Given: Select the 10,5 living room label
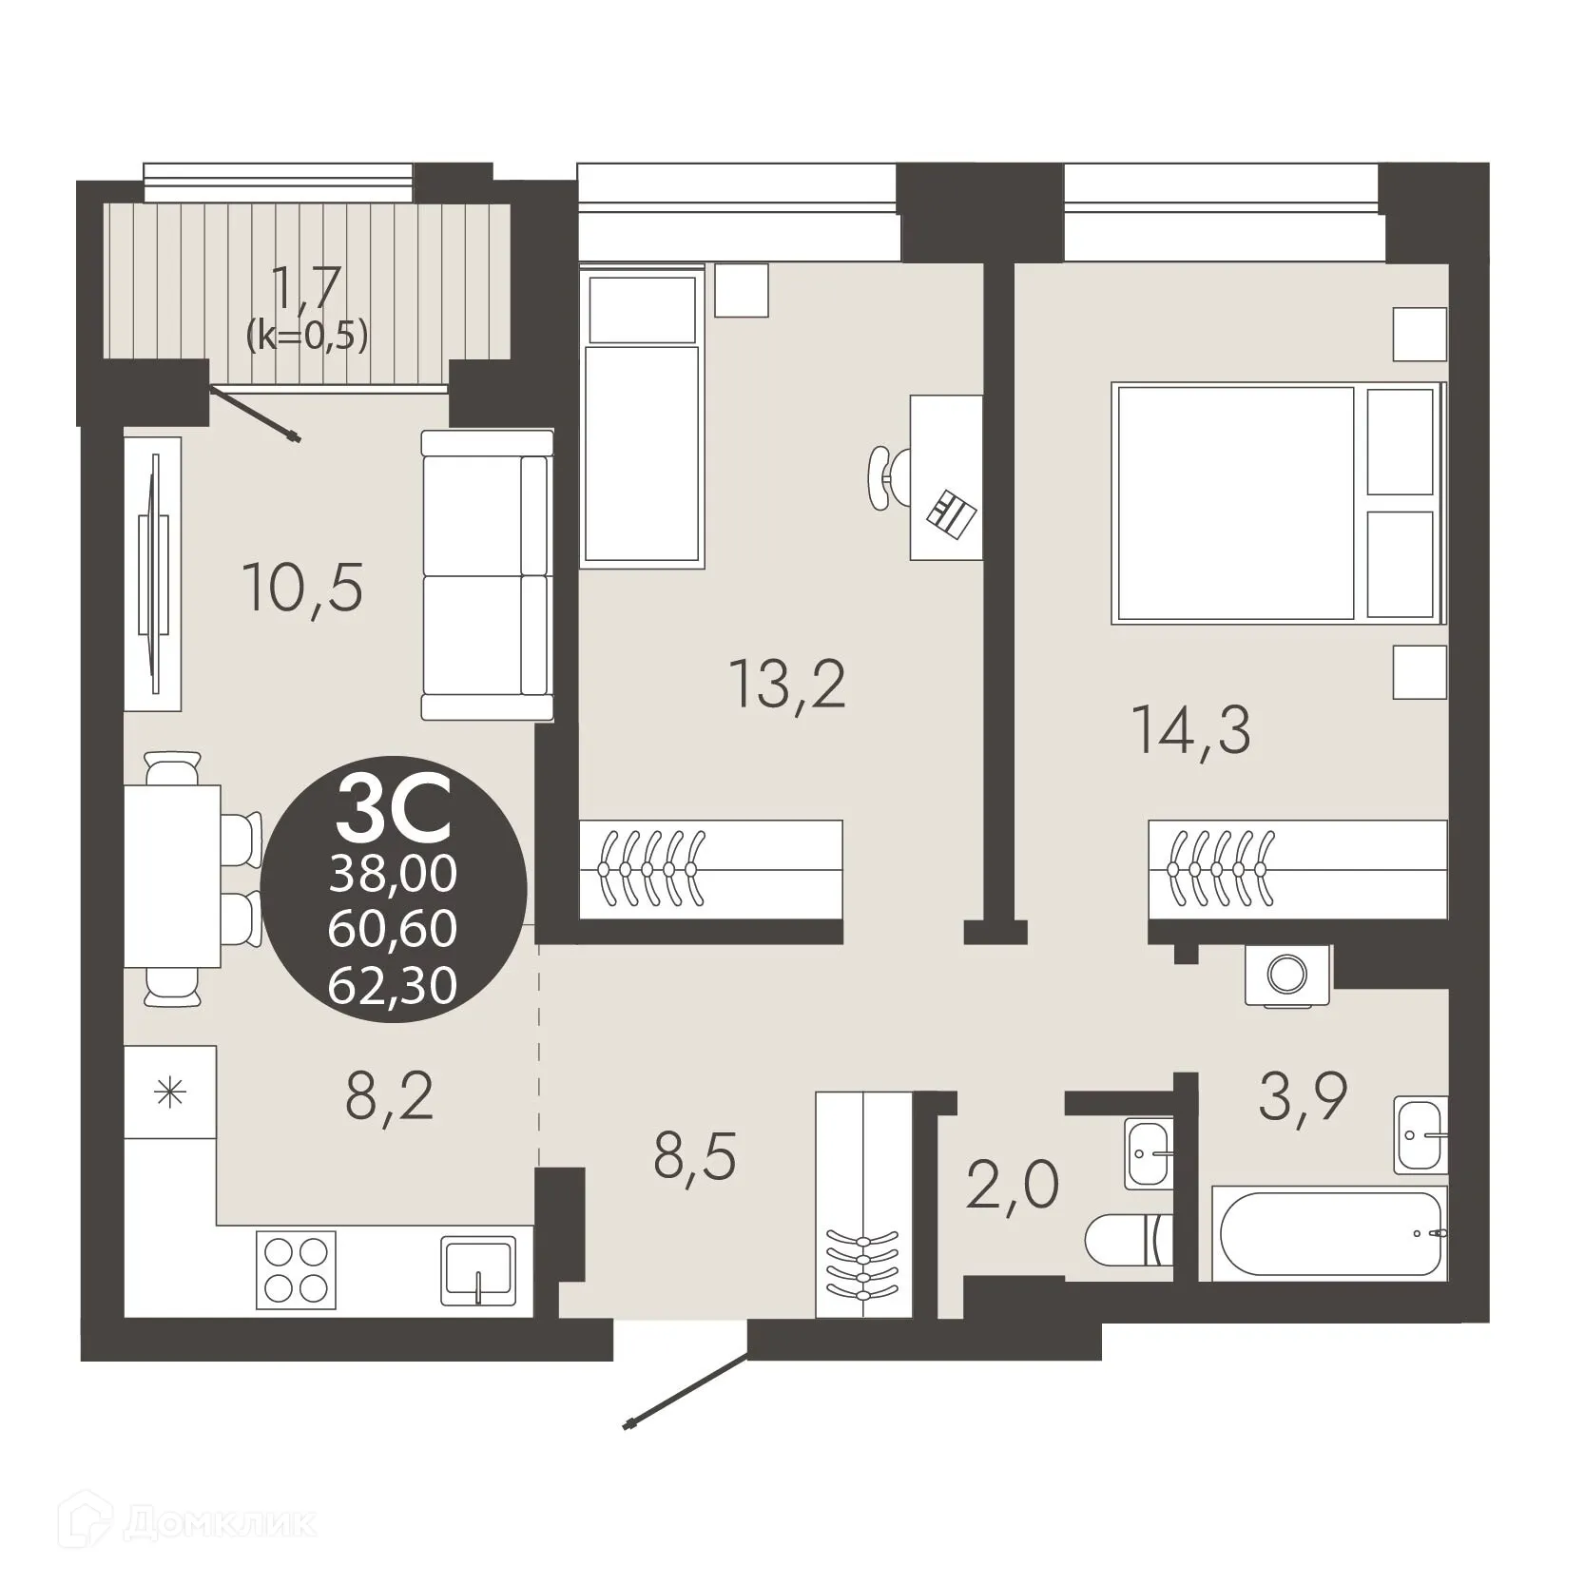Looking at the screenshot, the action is click(302, 587).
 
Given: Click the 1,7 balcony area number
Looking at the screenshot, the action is click(306, 287).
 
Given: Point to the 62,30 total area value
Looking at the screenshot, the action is click(393, 985).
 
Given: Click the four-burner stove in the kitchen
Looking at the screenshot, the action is click(295, 1269).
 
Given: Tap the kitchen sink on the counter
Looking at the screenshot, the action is click(478, 1271).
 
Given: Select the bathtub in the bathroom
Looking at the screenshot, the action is click(1329, 1232).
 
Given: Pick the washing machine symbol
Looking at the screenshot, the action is click(1287, 974).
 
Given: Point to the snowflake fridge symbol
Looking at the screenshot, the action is click(170, 1092).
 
